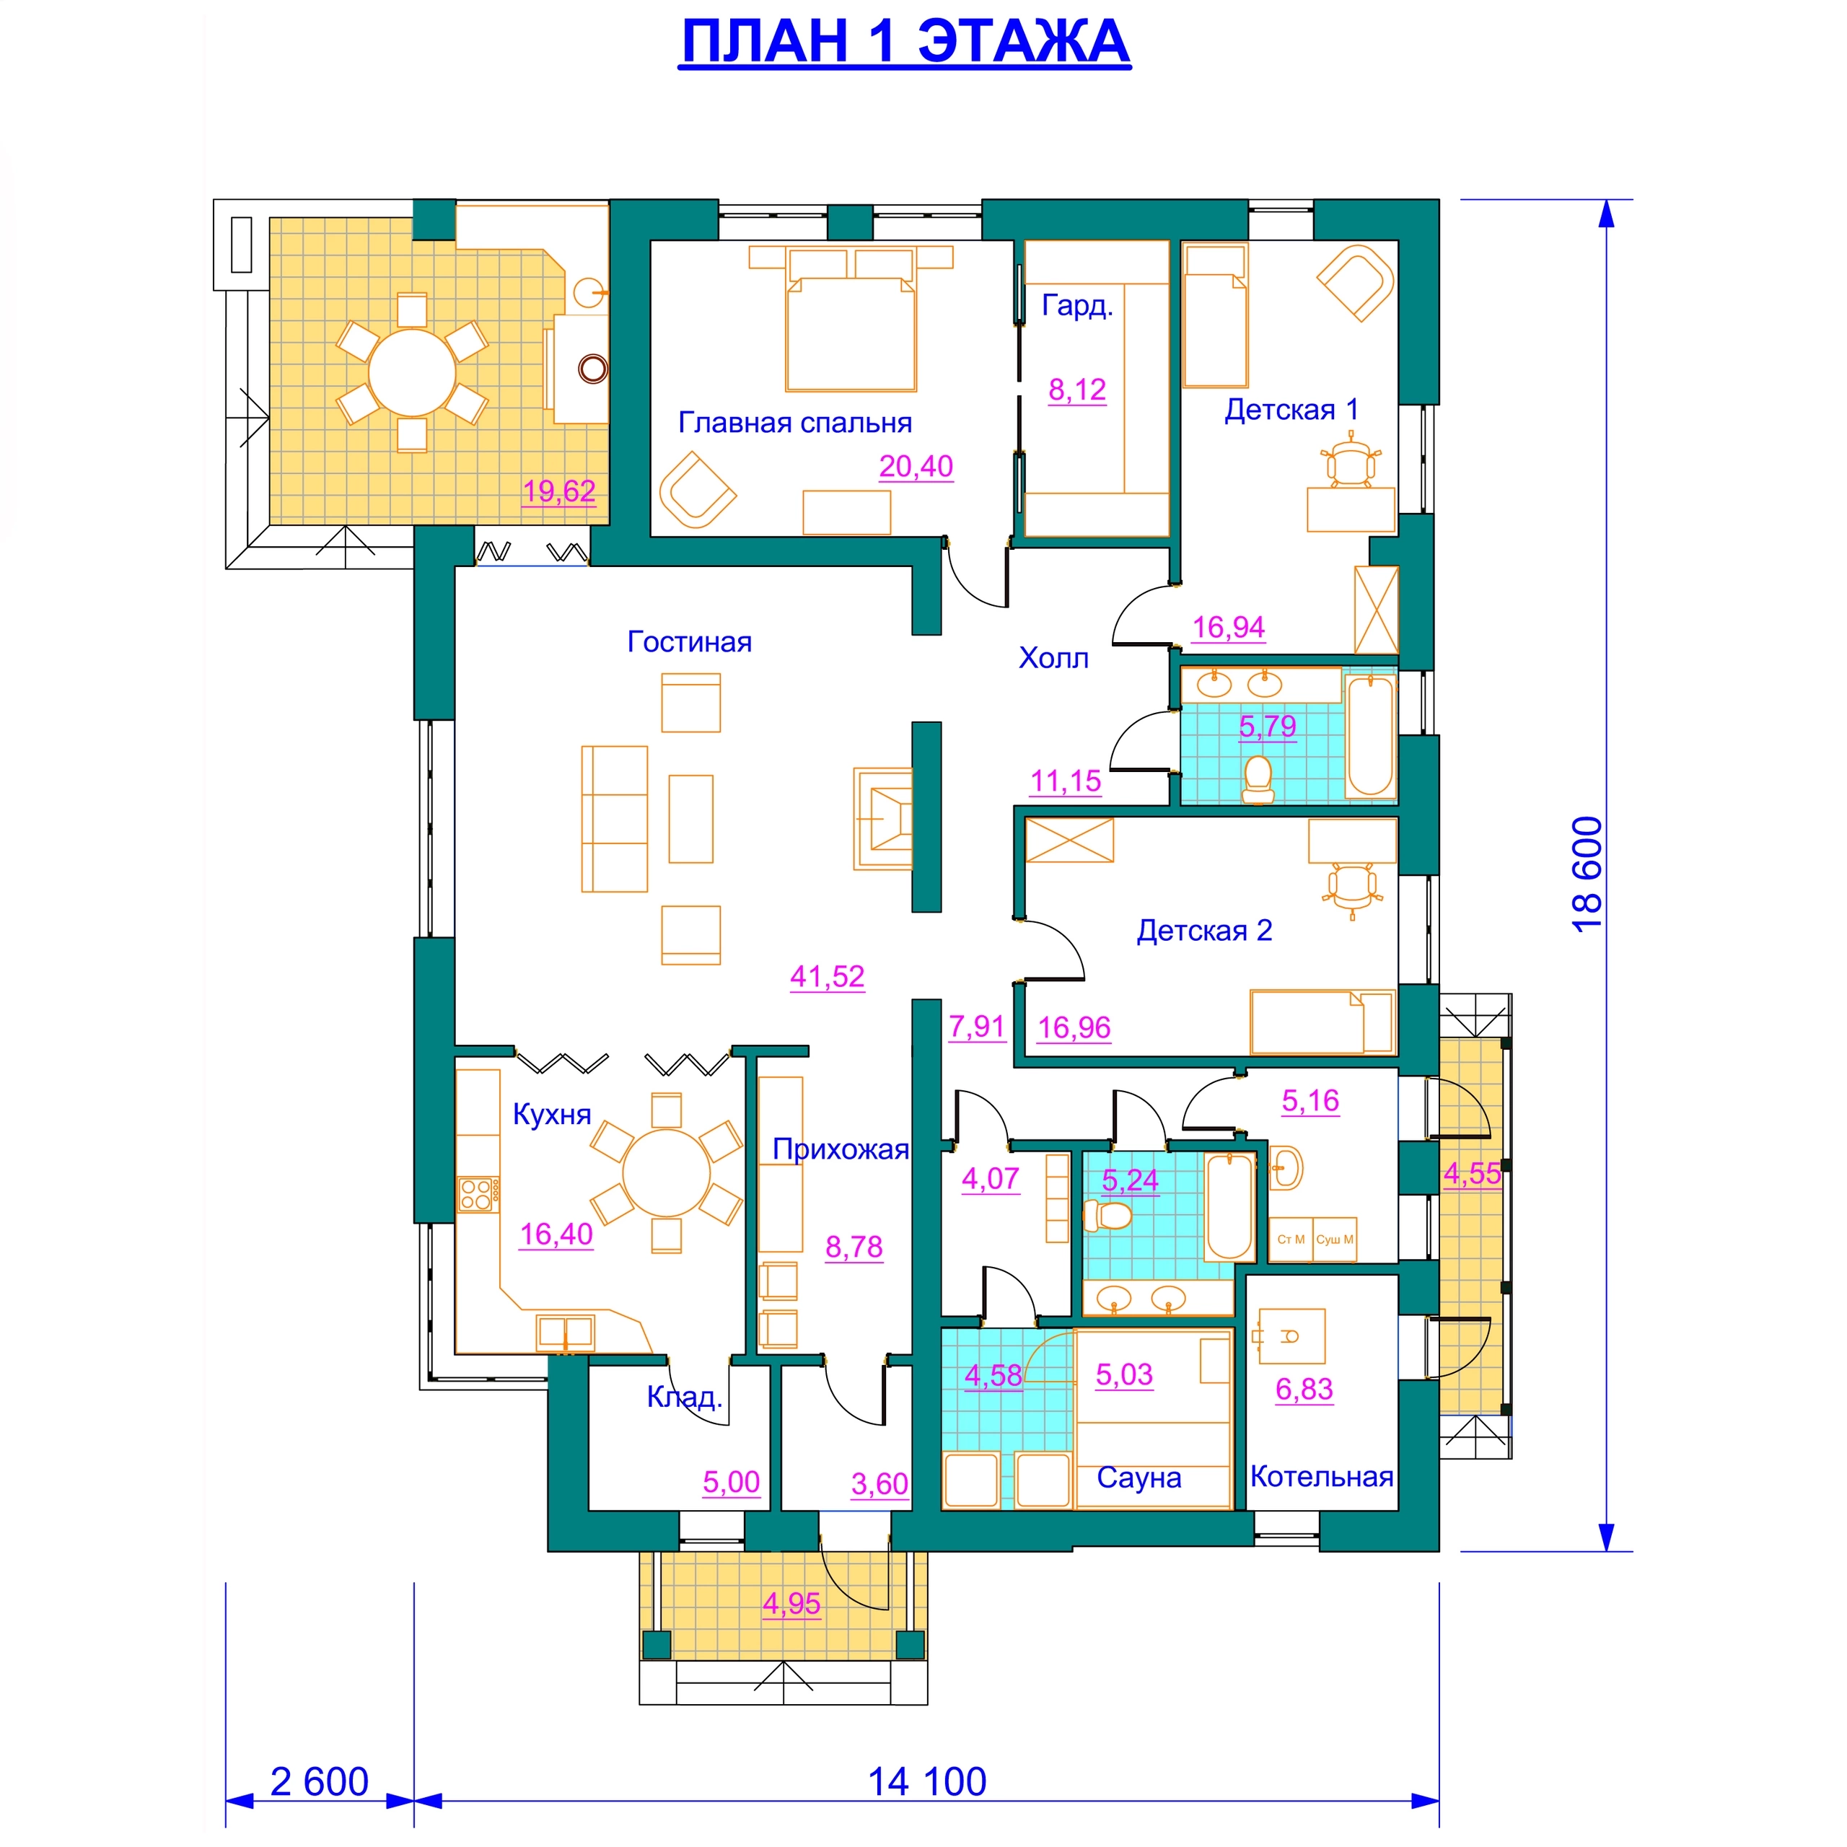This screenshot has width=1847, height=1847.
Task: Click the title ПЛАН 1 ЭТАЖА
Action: [904, 42]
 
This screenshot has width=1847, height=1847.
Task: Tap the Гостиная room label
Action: [689, 641]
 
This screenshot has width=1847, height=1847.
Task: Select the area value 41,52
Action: [827, 976]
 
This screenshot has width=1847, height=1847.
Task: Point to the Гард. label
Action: [1077, 306]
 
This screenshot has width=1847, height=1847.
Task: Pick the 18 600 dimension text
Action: [1586, 874]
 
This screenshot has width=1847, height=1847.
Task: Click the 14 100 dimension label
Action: [926, 1782]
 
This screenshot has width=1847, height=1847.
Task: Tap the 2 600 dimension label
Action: [320, 1782]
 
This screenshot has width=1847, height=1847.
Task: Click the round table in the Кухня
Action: [667, 1172]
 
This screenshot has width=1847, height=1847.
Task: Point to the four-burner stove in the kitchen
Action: [477, 1194]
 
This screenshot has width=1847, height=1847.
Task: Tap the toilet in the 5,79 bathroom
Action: [1258, 780]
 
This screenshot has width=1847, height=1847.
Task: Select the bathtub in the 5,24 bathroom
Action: [1229, 1206]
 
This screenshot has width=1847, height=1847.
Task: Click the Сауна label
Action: [1139, 1478]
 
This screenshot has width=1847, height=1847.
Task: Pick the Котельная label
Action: [1321, 1477]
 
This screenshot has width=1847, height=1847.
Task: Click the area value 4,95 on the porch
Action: [791, 1603]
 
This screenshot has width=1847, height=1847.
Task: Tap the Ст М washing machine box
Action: [1291, 1240]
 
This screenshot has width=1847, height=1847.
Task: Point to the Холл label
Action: [1053, 658]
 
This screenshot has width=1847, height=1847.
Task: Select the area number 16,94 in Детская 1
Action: [1229, 627]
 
